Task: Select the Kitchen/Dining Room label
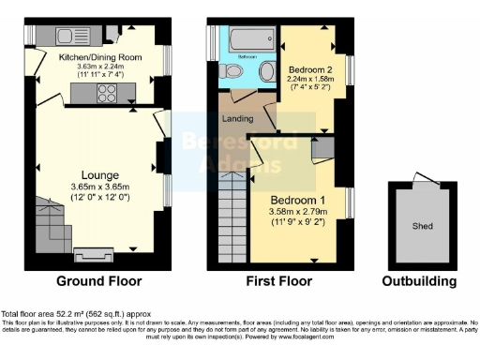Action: (99, 57)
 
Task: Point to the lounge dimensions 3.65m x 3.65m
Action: (99, 187)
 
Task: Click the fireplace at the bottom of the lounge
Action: (92, 252)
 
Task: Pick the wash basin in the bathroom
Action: (266, 71)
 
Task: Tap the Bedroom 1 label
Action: (299, 201)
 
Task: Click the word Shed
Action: (421, 225)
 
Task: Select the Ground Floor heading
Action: (99, 280)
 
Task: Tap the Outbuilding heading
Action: (419, 280)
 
